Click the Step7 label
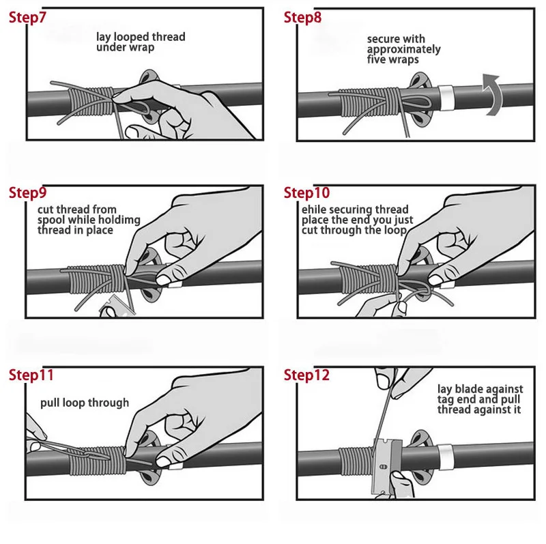27,18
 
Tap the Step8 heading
302,18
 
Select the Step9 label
27,192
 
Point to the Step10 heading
306,192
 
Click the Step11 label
31,375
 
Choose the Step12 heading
306,375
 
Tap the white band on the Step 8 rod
445,98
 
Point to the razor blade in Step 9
117,309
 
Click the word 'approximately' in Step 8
403,49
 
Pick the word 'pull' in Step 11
48,403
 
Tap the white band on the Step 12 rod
444,457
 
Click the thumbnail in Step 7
133,132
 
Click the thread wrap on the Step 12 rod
356,461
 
